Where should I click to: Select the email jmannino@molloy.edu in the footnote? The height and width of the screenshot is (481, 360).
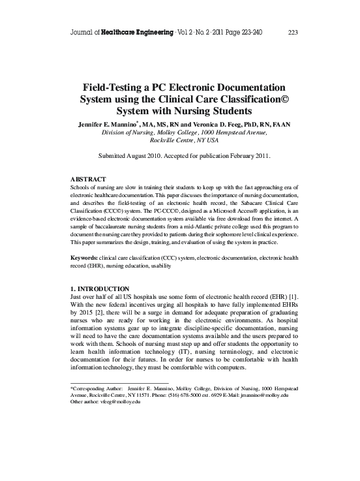[260, 395]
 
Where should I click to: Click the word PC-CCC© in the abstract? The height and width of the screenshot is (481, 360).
[166, 212]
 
